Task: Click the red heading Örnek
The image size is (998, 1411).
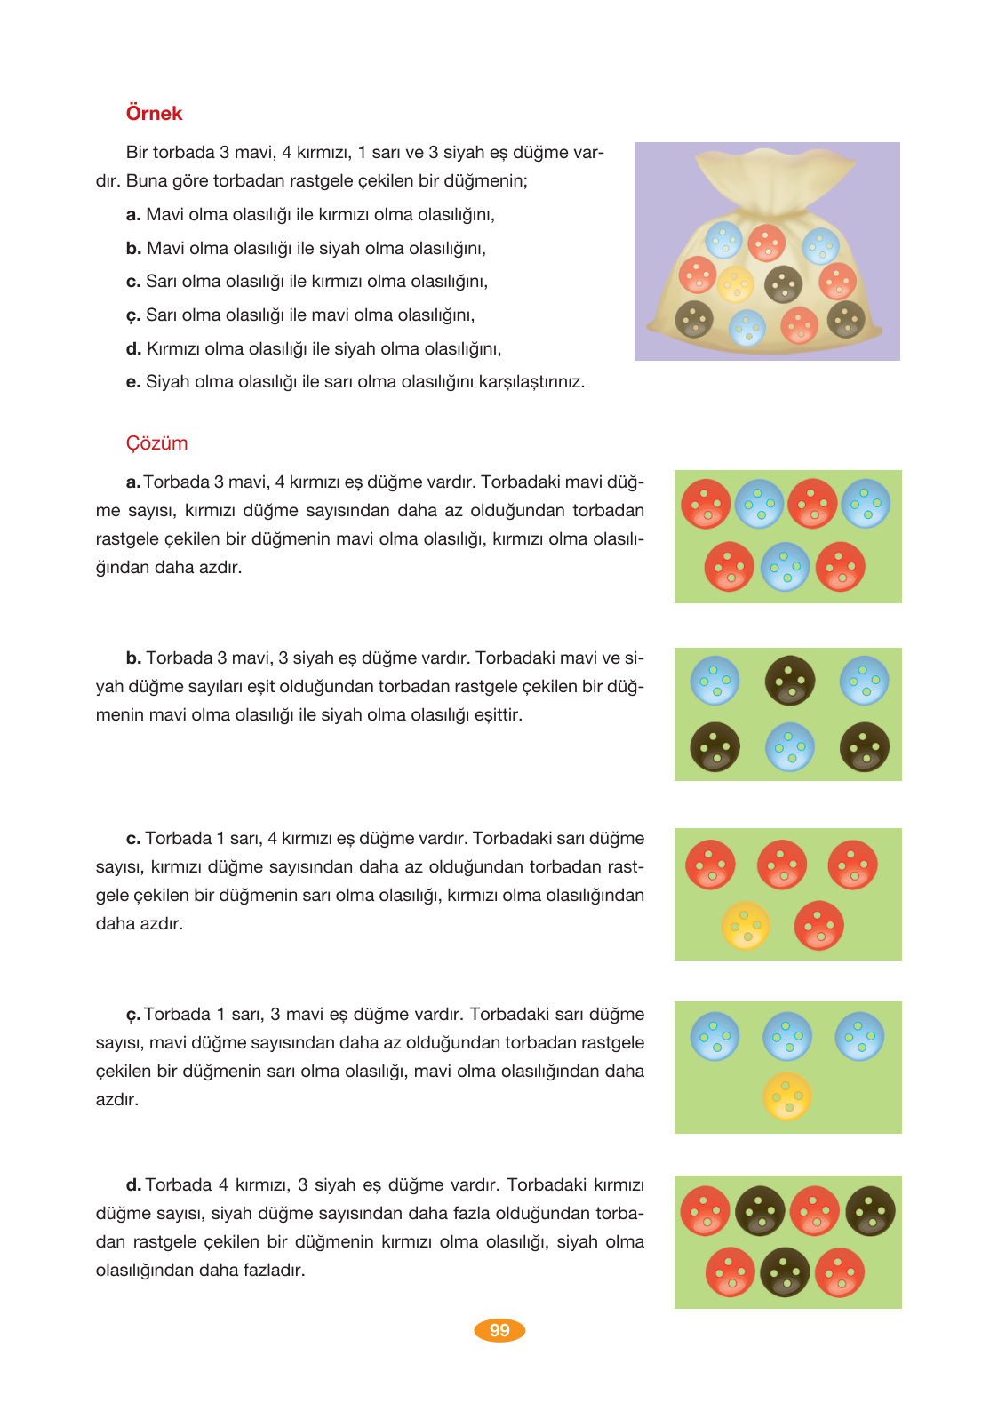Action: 154,114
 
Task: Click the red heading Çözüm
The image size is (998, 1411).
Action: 156,443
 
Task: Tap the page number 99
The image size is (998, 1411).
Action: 499,1330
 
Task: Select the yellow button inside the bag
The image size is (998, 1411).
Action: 736,284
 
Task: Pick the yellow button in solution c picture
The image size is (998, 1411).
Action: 746,926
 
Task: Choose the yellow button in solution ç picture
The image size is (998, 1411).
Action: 787,1096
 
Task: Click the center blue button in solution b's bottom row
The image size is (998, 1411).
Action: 789,747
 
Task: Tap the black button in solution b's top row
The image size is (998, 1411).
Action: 789,681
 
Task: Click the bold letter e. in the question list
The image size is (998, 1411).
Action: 133,382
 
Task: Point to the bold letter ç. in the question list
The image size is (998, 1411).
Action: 133,315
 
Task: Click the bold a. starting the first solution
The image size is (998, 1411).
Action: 133,482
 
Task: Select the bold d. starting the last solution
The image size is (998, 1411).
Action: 133,1185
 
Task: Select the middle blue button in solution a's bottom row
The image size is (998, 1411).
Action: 785,567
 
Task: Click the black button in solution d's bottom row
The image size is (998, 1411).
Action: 785,1272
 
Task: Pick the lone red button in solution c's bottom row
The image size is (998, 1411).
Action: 818,926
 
